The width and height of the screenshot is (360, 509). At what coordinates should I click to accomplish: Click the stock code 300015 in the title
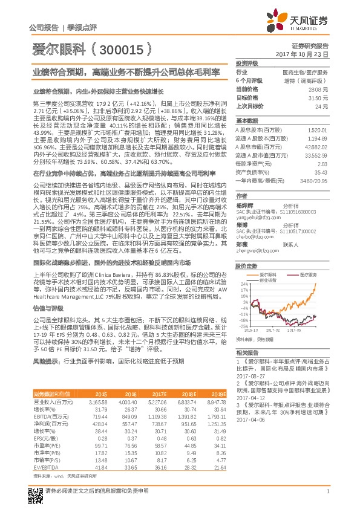click(129, 50)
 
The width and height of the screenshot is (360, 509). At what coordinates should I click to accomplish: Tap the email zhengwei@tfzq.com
click(253, 250)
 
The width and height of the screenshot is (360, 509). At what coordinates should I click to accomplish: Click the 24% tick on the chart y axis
click(244, 283)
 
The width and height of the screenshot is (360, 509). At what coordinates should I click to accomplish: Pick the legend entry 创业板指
click(269, 280)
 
